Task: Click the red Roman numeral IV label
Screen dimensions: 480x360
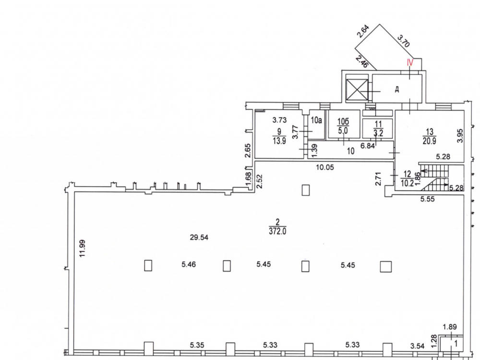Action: (410, 62)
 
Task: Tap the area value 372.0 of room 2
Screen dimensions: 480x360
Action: (277, 231)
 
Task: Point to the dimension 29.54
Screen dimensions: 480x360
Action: (199, 237)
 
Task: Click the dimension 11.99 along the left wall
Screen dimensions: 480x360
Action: (82, 248)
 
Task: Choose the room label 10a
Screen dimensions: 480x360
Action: (316, 120)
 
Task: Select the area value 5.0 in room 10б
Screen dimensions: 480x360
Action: (343, 131)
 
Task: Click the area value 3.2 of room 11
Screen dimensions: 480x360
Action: (378, 133)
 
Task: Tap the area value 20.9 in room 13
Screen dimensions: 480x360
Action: (429, 141)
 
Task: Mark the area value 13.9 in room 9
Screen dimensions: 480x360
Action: (279, 141)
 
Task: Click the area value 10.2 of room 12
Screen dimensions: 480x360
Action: (407, 183)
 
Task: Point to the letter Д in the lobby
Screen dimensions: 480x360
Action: (397, 89)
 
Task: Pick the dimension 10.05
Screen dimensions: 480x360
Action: (325, 168)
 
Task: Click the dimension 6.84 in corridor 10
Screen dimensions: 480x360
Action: (367, 146)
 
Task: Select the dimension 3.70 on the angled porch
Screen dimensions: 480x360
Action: (403, 41)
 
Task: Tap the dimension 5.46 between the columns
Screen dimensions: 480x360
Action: (189, 264)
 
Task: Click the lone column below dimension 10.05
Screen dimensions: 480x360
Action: (305, 190)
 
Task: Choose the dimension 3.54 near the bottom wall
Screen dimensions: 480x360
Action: (418, 346)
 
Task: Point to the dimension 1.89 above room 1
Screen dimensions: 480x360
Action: (450, 327)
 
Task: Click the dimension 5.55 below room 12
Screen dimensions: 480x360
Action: (427, 199)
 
